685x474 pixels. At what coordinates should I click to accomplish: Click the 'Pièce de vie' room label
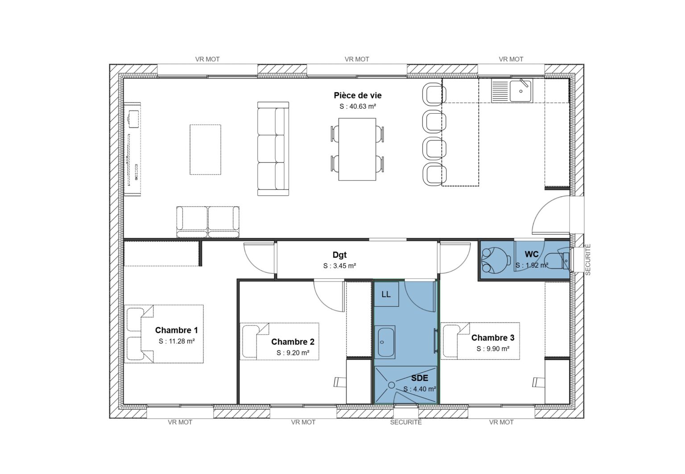coord(357,95)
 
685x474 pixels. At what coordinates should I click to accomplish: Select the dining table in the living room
coord(357,149)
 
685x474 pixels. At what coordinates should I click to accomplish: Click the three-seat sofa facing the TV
coord(273,149)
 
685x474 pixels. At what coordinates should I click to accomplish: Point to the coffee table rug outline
coord(205,149)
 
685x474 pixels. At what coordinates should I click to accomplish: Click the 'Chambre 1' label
coord(176,330)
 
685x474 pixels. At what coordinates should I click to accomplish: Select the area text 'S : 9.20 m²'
coord(293,353)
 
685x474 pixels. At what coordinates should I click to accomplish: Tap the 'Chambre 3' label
coord(493,338)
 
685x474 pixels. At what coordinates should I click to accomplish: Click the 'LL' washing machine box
coord(386,294)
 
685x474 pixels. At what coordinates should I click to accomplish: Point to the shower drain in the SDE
coord(392,384)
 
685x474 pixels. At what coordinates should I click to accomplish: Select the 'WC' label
coord(531,254)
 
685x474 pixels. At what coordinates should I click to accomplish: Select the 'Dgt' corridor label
coord(339,255)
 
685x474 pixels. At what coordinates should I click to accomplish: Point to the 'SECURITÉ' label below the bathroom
coord(405,422)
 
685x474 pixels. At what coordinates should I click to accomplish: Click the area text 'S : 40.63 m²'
coord(357,107)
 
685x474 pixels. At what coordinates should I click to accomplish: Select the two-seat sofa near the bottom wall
coord(208,222)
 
